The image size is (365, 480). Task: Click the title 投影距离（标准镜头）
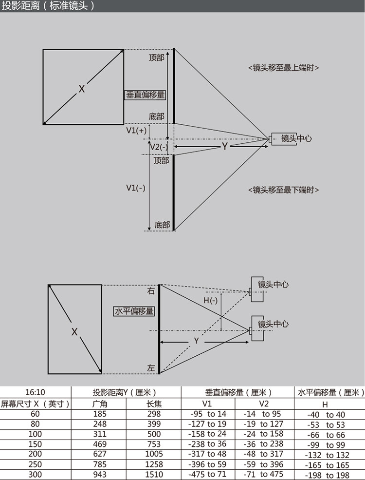[x=48, y=6]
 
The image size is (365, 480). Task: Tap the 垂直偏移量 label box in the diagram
[x=146, y=96]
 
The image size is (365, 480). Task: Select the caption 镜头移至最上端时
[x=283, y=68]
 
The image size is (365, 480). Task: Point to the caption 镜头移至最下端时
[x=283, y=190]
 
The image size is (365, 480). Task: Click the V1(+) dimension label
[x=136, y=131]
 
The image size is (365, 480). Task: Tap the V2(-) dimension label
[x=159, y=147]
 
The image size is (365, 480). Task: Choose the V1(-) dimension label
[x=136, y=188]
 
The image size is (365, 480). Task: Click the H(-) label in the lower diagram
[x=210, y=301]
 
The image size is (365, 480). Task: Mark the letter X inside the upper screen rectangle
[x=82, y=89]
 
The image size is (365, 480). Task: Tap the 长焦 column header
[x=154, y=403]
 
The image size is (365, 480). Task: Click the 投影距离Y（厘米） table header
[x=127, y=392]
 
